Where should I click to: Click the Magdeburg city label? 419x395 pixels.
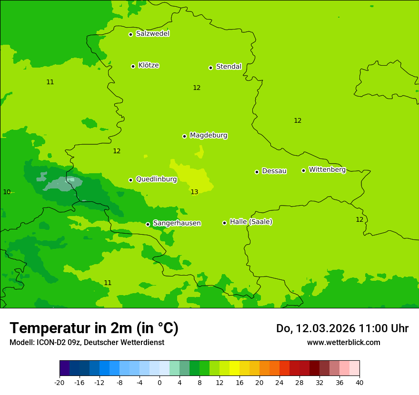click(x=209, y=136)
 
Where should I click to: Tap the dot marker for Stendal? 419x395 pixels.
click(x=210, y=68)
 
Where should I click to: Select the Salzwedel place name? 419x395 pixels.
click(x=152, y=34)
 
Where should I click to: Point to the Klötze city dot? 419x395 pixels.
click(x=133, y=66)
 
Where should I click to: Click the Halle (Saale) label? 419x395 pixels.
click(x=251, y=222)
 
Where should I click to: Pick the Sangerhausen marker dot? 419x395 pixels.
click(x=148, y=224)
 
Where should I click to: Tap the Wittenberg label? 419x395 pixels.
click(x=327, y=169)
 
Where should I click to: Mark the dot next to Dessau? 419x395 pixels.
click(x=257, y=172)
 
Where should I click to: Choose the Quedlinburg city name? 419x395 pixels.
click(x=156, y=179)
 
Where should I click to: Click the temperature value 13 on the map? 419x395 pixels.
click(x=194, y=192)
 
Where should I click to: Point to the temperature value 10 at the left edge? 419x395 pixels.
click(x=7, y=192)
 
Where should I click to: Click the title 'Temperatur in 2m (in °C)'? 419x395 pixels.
click(x=94, y=328)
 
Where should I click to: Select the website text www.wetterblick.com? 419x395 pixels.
click(x=343, y=343)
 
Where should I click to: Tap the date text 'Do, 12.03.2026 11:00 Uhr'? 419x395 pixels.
click(x=342, y=328)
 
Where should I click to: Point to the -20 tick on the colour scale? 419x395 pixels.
click(x=60, y=382)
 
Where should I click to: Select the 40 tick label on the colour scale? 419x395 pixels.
click(x=359, y=382)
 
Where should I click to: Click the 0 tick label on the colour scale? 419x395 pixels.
click(x=160, y=382)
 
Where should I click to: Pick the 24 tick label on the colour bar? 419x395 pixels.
click(x=279, y=382)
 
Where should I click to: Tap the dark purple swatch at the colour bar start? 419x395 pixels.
click(x=64, y=368)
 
